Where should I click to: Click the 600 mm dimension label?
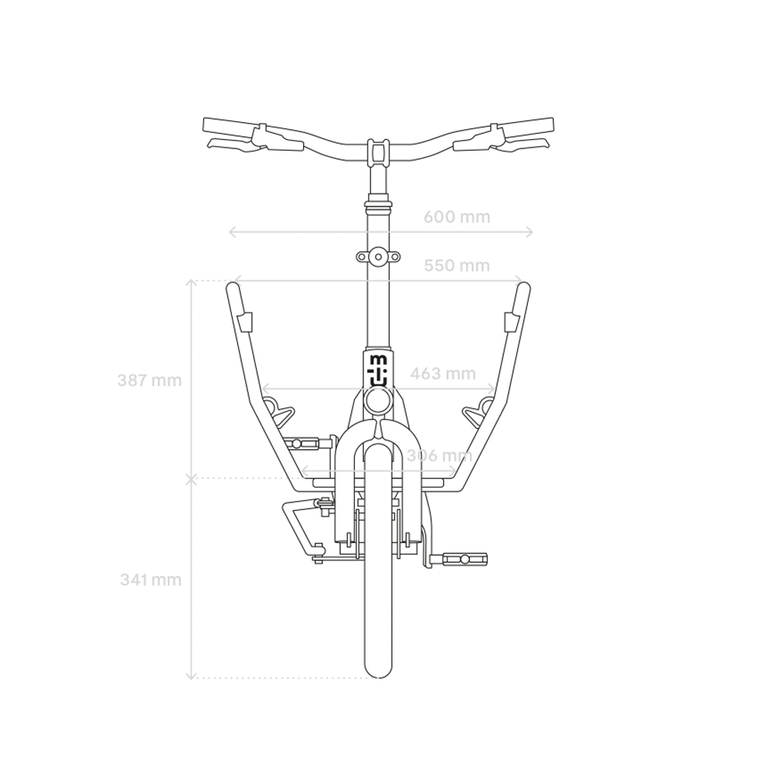(x=457, y=217)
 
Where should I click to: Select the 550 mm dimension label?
(x=457, y=266)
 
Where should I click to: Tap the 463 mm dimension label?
(x=443, y=373)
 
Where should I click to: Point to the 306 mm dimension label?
(x=439, y=455)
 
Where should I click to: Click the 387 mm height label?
(x=149, y=380)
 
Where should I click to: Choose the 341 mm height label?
(x=151, y=580)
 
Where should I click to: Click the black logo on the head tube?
(x=378, y=370)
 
